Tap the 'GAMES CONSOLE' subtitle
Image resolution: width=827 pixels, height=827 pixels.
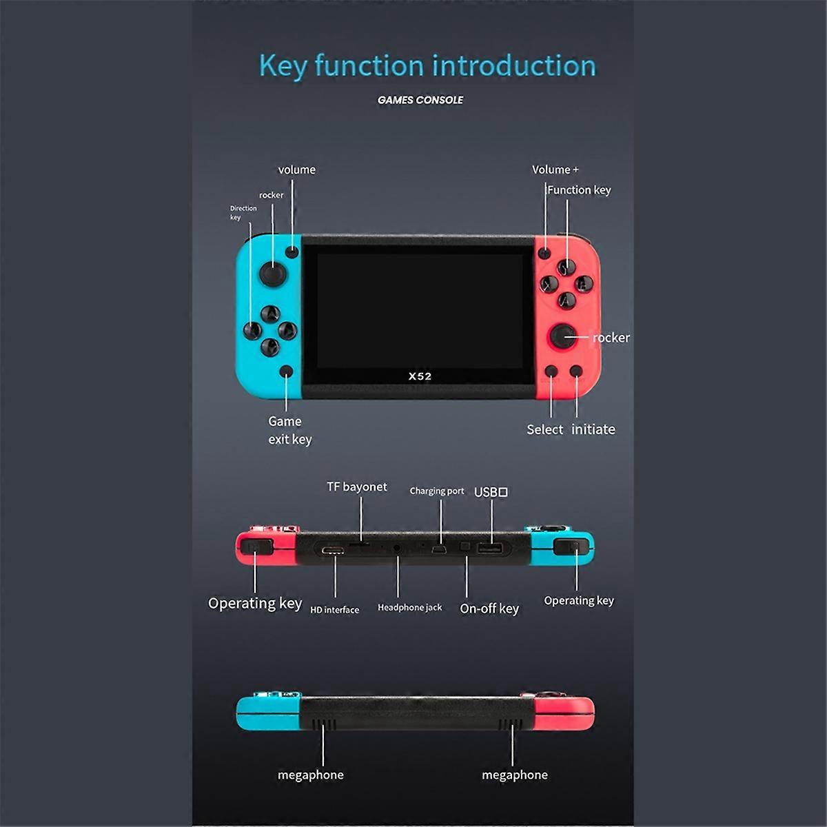[x=420, y=100]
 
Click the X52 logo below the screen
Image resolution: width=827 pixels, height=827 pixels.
[x=420, y=376]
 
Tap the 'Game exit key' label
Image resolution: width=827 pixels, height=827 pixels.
[x=290, y=431]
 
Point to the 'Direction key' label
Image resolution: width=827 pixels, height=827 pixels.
[x=243, y=213]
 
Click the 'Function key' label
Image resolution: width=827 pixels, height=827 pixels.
[x=580, y=190]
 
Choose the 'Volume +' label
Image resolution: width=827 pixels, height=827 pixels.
[x=555, y=170]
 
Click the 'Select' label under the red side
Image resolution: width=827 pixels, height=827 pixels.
[x=544, y=429]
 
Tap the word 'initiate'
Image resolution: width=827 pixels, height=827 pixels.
[x=593, y=429]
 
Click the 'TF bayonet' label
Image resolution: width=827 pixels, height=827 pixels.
[x=356, y=487]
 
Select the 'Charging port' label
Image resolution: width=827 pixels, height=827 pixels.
[x=437, y=491]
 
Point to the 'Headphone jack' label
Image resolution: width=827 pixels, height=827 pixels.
[x=409, y=607]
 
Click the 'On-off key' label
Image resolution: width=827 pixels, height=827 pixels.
[x=489, y=609]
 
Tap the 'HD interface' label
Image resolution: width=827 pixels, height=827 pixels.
[x=334, y=609]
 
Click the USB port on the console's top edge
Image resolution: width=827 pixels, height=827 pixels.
[x=490, y=549]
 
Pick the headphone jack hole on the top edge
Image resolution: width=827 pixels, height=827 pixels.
[x=397, y=548]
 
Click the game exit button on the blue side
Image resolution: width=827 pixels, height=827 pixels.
[x=286, y=371]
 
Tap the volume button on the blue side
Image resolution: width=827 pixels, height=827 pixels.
[x=292, y=252]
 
